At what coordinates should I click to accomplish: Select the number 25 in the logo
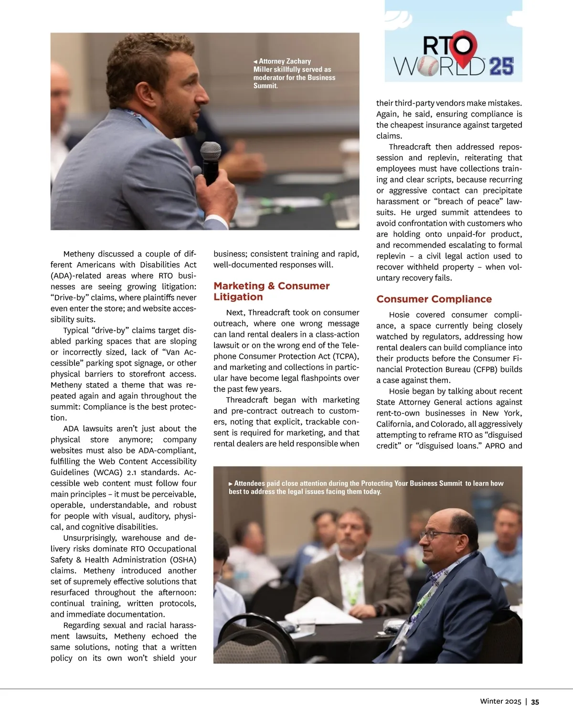(501, 66)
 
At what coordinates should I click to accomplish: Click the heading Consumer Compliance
(434, 299)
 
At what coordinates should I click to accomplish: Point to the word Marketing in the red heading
(239, 286)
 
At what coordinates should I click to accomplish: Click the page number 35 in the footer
(535, 701)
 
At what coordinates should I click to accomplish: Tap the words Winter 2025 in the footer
(500, 701)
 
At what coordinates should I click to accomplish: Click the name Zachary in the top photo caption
(298, 61)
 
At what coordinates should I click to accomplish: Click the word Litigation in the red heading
(238, 297)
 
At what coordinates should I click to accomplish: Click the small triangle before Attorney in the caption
(255, 62)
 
